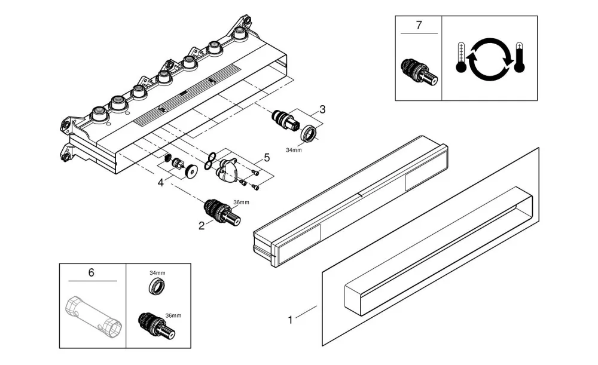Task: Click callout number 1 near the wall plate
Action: click(290, 320)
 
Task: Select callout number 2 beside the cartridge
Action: click(202, 226)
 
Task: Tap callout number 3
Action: click(322, 109)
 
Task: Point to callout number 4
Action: click(160, 183)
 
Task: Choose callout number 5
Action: click(267, 157)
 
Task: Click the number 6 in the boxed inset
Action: click(91, 272)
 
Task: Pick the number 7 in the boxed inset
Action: click(419, 25)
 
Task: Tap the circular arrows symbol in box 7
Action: click(490, 59)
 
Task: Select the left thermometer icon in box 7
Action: click(460, 57)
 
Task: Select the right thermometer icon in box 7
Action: click(519, 57)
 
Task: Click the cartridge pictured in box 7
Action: click(419, 72)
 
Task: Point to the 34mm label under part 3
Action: click(294, 150)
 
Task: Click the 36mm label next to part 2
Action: click(241, 203)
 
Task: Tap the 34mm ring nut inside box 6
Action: click(157, 286)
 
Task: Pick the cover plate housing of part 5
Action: click(227, 170)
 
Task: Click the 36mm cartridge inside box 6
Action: click(157, 326)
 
